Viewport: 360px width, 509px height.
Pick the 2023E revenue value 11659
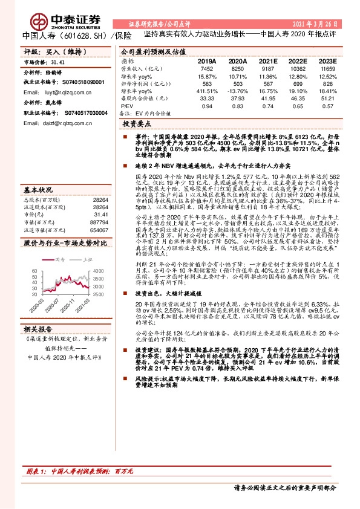click(327, 70)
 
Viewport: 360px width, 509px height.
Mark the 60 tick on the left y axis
click(34, 270)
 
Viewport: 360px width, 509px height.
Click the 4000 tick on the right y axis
click(99, 270)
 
